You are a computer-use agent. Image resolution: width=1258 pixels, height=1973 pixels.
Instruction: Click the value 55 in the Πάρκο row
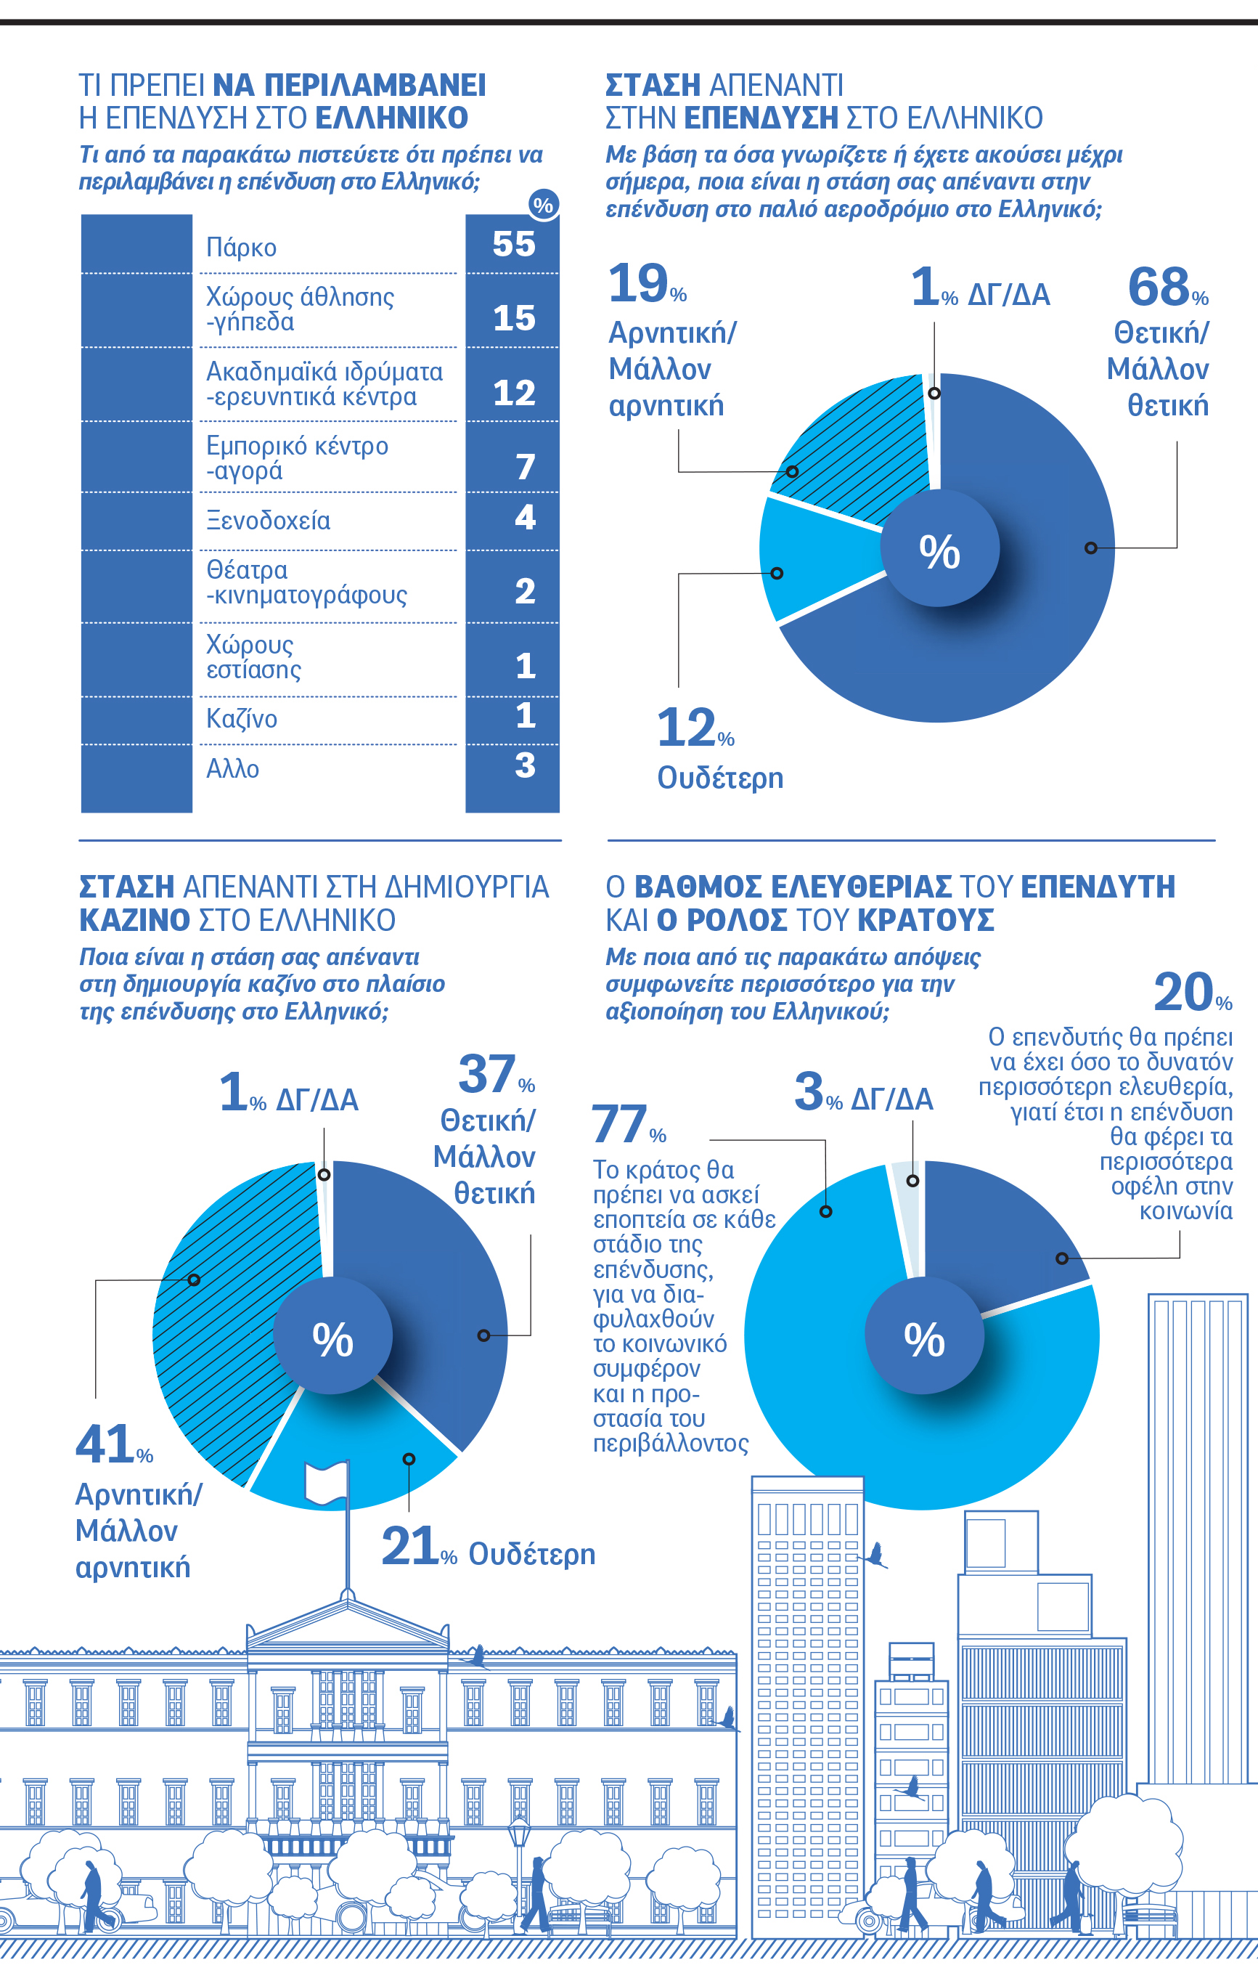[513, 244]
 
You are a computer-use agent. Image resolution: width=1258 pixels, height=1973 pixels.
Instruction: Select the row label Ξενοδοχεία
[268, 520]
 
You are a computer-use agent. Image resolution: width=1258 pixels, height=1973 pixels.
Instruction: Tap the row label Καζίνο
[242, 719]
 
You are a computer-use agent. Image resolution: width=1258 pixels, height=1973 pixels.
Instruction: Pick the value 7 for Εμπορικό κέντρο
[525, 467]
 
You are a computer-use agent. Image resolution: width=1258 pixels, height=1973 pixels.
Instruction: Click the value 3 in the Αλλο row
[525, 765]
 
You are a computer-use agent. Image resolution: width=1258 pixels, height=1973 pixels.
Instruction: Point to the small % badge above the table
[543, 205]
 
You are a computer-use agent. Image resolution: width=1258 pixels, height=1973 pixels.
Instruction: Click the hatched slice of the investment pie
[851, 451]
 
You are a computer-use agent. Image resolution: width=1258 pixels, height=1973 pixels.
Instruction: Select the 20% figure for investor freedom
[1183, 993]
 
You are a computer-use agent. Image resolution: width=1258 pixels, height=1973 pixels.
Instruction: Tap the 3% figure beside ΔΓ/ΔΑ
[809, 1092]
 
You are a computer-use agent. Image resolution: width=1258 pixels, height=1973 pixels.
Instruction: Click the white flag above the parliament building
[326, 1484]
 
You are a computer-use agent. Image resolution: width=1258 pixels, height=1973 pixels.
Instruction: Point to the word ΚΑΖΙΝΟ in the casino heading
[134, 920]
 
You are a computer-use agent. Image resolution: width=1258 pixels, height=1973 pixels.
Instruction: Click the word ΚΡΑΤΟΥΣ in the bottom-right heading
[926, 920]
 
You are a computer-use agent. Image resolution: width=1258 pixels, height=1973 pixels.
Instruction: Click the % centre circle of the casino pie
[332, 1335]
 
